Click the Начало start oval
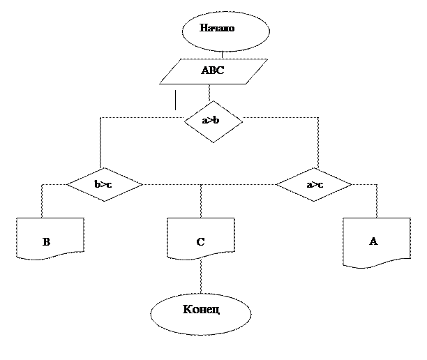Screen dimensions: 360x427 coord(225,31)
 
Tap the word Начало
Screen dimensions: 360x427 coord(217,29)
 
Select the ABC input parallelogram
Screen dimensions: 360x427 coord(213,71)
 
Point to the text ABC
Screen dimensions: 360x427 coord(213,71)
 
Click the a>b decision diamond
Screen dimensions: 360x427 coord(213,121)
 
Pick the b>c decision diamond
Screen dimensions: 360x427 coord(105,185)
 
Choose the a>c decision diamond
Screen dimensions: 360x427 coord(314,185)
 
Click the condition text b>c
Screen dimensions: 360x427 coord(103,185)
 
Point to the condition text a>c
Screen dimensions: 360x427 coord(315,185)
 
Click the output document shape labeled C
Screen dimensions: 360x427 coord(201,238)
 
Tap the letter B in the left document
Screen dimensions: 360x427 coord(46,243)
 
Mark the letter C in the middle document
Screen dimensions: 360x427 coord(200,243)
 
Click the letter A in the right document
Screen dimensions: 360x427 coord(373,241)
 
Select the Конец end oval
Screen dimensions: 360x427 coord(201,312)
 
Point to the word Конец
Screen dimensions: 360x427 coord(201,309)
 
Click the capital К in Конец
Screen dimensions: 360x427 coord(186,309)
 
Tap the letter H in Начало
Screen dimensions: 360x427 coord(204,29)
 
